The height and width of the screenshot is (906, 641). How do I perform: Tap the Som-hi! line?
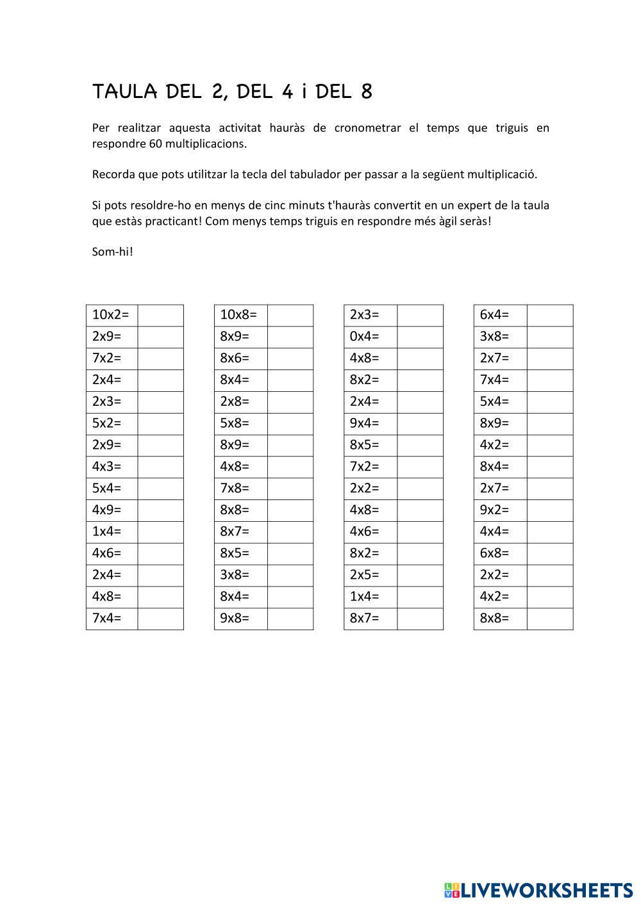tap(113, 252)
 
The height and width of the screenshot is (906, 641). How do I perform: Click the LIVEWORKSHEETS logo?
tap(538, 889)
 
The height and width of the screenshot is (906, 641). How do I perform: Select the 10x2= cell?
tap(111, 315)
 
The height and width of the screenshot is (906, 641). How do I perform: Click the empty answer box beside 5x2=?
tap(160, 423)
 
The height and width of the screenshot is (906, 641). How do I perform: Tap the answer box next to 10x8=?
tap(290, 315)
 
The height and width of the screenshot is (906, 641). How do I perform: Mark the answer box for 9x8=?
tap(290, 619)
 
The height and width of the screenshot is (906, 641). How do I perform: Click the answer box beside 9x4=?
tap(420, 423)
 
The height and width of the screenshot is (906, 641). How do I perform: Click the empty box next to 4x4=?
tap(550, 531)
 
